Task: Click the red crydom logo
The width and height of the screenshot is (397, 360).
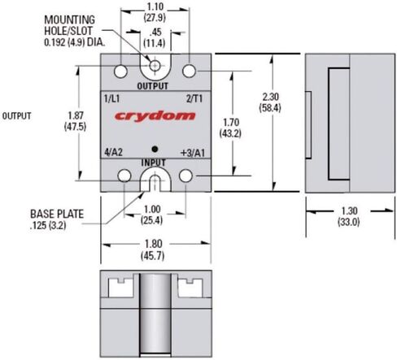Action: click(155, 115)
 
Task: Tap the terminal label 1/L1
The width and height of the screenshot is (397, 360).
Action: click(115, 98)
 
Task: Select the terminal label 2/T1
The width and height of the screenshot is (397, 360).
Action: click(194, 98)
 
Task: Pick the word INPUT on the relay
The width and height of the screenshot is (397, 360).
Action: click(154, 163)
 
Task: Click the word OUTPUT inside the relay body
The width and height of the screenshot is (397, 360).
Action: click(154, 85)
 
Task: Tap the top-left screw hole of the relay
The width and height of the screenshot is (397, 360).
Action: click(121, 71)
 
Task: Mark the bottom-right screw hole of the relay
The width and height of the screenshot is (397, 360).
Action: click(187, 176)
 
